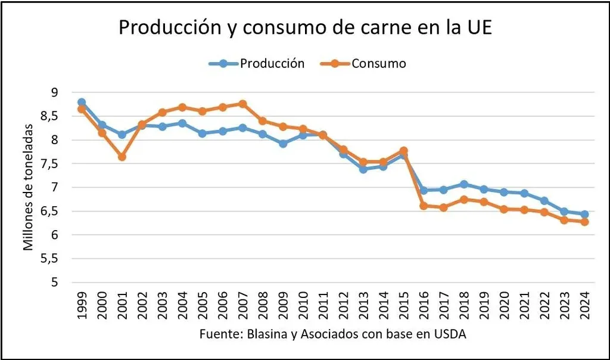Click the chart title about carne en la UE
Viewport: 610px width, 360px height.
(305, 28)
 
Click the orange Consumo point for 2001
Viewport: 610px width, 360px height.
(122, 157)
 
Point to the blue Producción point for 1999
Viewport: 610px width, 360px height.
(82, 103)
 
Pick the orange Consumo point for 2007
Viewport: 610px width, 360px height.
(242, 104)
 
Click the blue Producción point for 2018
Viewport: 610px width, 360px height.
(464, 184)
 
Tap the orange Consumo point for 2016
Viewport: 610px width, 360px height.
(424, 206)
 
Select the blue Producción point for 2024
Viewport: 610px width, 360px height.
(584, 215)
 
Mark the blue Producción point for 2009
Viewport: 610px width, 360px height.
(283, 144)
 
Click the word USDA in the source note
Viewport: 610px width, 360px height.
(450, 334)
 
